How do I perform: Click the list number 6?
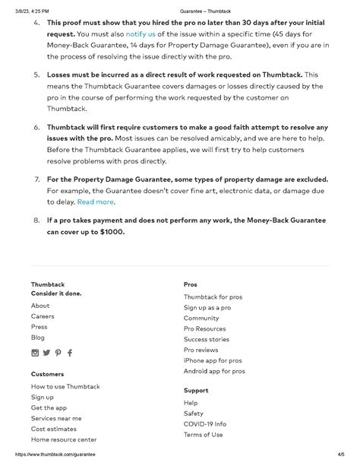click(x=36, y=128)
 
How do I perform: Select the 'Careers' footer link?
click(x=43, y=315)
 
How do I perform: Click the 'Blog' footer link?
click(x=38, y=337)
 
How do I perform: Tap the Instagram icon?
click(x=35, y=353)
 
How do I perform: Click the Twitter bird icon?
click(x=46, y=353)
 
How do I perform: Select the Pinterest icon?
click(x=58, y=353)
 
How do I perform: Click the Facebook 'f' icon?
click(x=70, y=353)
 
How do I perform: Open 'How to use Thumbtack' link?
click(x=65, y=386)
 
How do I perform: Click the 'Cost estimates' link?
click(x=53, y=429)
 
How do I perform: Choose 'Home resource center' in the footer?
click(x=64, y=439)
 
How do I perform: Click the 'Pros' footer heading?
click(x=191, y=284)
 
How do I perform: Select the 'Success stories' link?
click(x=206, y=339)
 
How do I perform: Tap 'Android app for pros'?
click(x=214, y=371)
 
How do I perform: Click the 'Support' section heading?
click(x=196, y=391)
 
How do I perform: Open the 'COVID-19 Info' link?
click(x=205, y=423)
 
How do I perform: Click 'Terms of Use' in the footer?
click(x=204, y=434)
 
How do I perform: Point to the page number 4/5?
click(x=341, y=454)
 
